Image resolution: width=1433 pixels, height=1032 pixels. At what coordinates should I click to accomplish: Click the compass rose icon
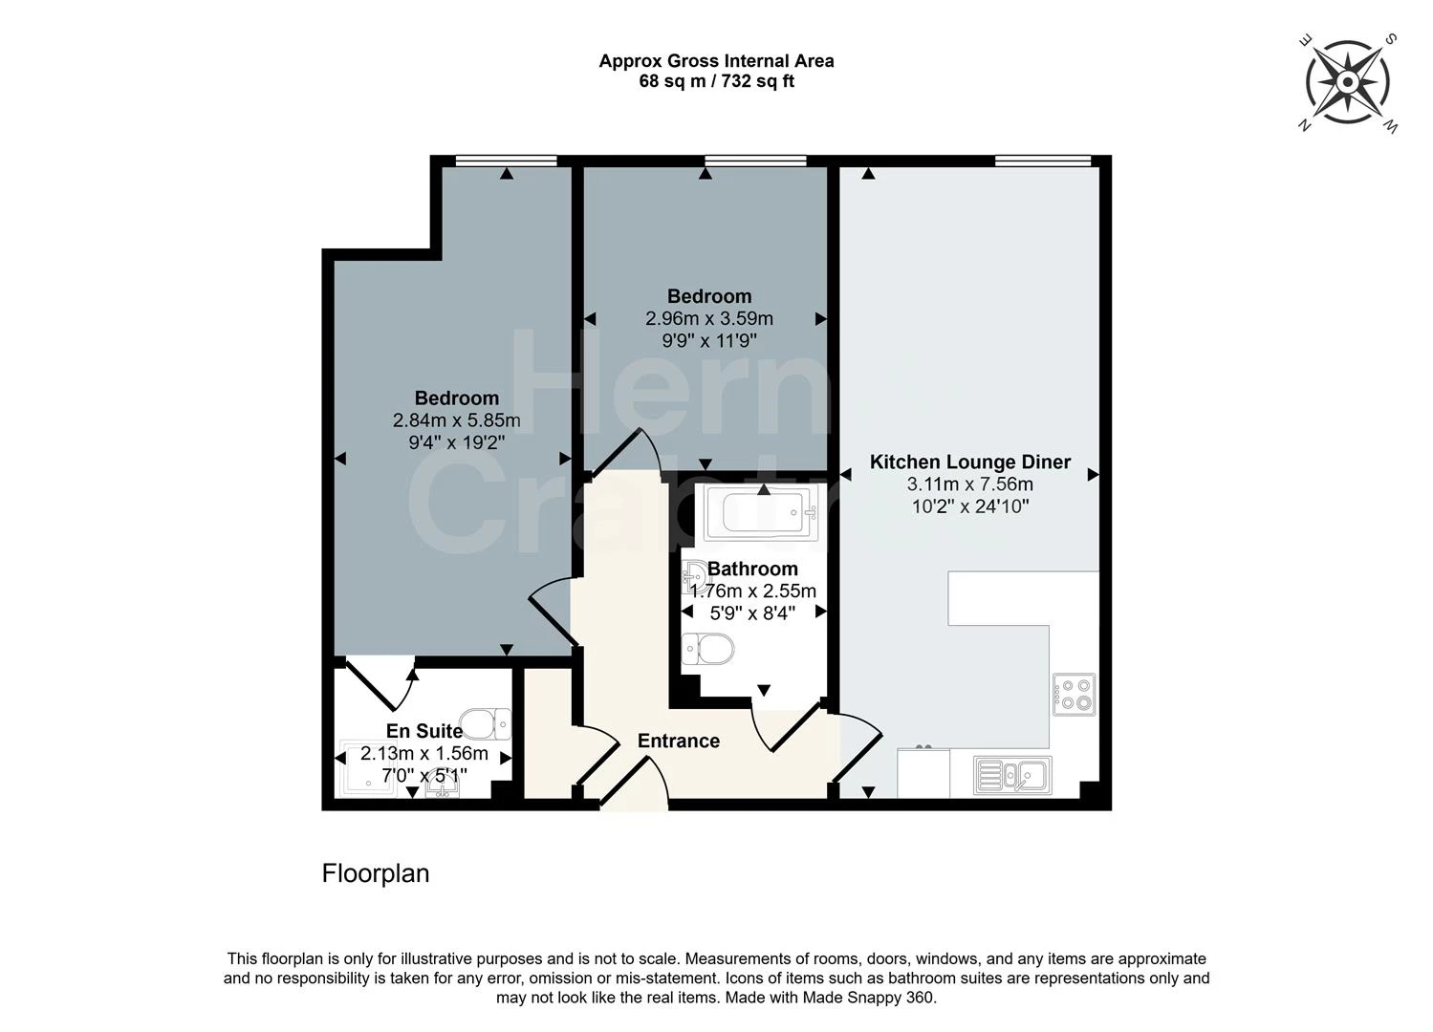(x=1348, y=82)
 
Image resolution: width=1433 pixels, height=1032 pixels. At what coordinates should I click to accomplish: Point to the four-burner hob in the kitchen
(x=1074, y=695)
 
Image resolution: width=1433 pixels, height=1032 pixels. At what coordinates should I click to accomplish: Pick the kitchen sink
(x=1012, y=775)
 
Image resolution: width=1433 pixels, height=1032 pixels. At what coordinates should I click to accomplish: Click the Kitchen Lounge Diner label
(x=969, y=462)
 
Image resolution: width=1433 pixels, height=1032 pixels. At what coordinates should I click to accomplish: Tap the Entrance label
(x=678, y=742)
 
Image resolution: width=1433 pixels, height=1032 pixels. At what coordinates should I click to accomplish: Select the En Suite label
(x=424, y=731)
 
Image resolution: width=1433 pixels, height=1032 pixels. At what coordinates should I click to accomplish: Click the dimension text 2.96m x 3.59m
(x=708, y=319)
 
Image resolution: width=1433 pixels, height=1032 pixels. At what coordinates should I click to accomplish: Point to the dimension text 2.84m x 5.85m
(x=456, y=421)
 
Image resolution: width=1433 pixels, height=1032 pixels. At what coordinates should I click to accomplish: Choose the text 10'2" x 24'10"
(x=969, y=506)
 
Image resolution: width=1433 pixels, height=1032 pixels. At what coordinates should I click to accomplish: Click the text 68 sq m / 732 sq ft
(x=716, y=82)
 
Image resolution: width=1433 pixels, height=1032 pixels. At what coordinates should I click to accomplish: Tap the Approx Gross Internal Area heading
(x=716, y=61)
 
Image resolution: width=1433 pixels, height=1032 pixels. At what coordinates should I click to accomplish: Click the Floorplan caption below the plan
(x=375, y=873)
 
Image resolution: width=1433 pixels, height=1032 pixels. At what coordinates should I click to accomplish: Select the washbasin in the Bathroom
(x=694, y=576)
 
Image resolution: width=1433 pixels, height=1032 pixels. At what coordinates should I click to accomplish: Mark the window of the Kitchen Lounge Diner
(x=1042, y=161)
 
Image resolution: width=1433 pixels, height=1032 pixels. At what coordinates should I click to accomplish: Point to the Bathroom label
(x=752, y=570)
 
